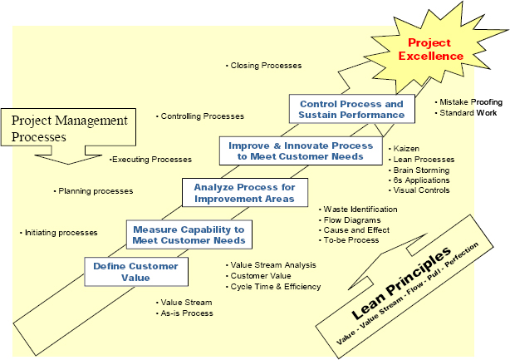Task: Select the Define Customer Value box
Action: pyautogui.click(x=135, y=273)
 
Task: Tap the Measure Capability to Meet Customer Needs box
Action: pyautogui.click(x=189, y=235)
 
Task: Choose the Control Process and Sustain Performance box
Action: pyautogui.click(x=351, y=109)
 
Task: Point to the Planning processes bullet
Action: pyautogui.click(x=95, y=191)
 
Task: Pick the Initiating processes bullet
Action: pyautogui.click(x=60, y=233)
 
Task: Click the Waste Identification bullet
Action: pyautogui.click(x=360, y=210)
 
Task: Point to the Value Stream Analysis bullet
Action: pyautogui.click(x=273, y=265)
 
